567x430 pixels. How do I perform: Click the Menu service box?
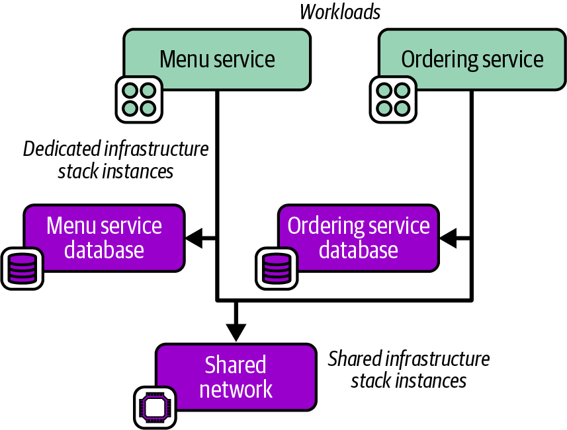(217, 59)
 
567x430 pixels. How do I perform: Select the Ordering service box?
(472, 59)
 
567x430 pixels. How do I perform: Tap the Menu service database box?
(104, 238)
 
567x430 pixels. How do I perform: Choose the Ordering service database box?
(358, 238)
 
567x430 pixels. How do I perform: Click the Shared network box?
(236, 376)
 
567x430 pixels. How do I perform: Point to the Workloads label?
(340, 12)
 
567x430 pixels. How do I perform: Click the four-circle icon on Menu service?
(140, 98)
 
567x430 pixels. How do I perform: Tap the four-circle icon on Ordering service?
(392, 98)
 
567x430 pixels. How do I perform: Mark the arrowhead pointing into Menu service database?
(194, 238)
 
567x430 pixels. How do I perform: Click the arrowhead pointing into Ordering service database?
(448, 238)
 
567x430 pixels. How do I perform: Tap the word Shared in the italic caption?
(355, 359)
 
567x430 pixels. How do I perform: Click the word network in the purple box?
(236, 389)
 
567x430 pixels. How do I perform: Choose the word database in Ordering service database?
(358, 250)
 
